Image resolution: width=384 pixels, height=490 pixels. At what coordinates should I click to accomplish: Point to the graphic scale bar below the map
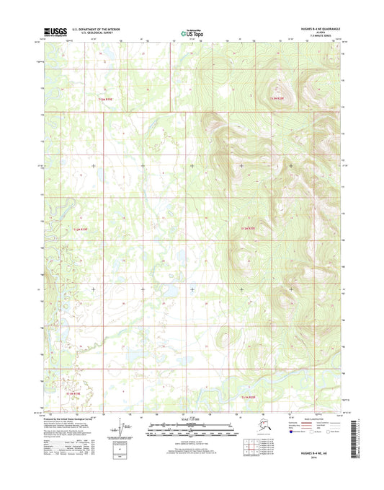click(x=192, y=427)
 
